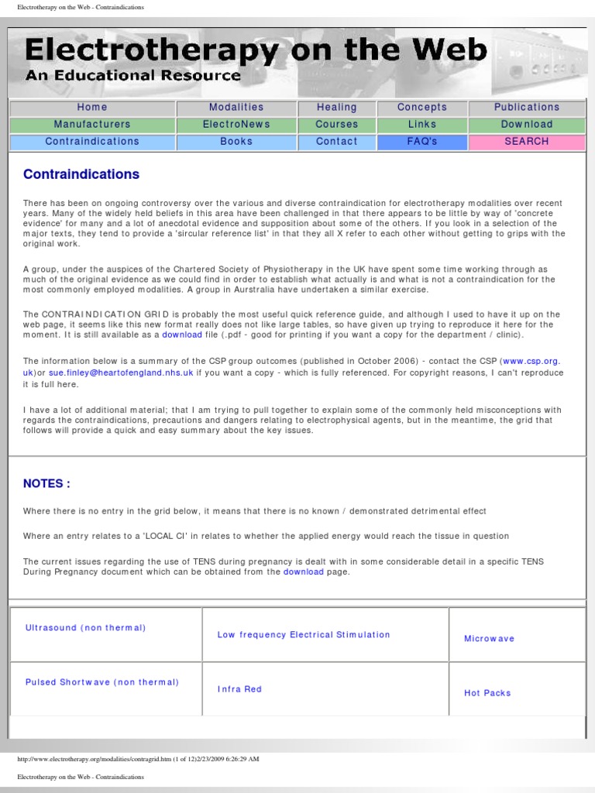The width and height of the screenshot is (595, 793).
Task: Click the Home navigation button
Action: (92, 108)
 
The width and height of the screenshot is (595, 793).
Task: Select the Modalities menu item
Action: (236, 108)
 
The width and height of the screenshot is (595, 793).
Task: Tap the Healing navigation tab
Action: (337, 108)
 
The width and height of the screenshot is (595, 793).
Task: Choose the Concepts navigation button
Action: (422, 108)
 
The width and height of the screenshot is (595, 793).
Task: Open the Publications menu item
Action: (527, 108)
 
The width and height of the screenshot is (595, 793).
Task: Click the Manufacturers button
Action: (92, 125)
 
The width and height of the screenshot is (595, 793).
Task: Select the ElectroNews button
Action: (236, 125)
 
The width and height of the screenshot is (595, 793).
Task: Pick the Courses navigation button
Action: (337, 125)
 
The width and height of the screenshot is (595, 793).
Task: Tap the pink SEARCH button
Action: (527, 142)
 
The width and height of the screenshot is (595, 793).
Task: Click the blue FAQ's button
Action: (422, 142)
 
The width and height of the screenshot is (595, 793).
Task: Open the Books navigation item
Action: (236, 142)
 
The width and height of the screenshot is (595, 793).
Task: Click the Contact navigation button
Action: (337, 142)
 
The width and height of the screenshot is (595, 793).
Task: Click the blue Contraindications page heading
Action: (81, 174)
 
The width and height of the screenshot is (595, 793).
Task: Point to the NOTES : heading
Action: (46, 483)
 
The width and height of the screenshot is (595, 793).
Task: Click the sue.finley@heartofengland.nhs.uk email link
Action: (120, 372)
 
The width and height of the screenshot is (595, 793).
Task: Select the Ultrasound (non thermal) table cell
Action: (85, 628)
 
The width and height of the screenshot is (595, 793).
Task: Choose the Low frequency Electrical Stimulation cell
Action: (304, 635)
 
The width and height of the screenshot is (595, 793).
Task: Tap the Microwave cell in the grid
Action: (489, 639)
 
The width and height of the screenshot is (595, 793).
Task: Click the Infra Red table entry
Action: (239, 689)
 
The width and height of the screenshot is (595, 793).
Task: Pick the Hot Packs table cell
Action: (487, 693)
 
